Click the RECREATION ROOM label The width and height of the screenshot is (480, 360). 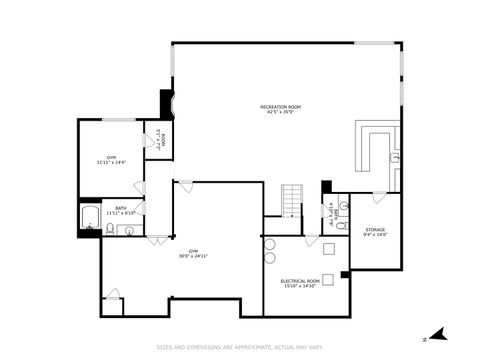click(280, 106)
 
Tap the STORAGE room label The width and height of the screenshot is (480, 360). click(375, 229)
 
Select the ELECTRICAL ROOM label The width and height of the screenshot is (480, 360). click(300, 281)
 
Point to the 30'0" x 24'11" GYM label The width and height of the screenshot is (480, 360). click(192, 251)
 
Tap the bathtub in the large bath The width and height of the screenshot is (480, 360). click(87, 217)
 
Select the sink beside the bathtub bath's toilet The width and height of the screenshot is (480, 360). click(127, 231)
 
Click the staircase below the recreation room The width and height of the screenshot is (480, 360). click(291, 200)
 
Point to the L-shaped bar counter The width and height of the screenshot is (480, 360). click(378, 148)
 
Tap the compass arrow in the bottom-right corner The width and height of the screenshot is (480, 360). click(435, 334)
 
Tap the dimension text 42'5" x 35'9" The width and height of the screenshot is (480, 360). click(280, 112)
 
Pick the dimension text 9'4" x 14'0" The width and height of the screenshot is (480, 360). click(375, 235)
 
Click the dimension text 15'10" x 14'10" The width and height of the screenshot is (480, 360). click(300, 287)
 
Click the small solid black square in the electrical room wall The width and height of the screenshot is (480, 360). click(345, 274)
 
